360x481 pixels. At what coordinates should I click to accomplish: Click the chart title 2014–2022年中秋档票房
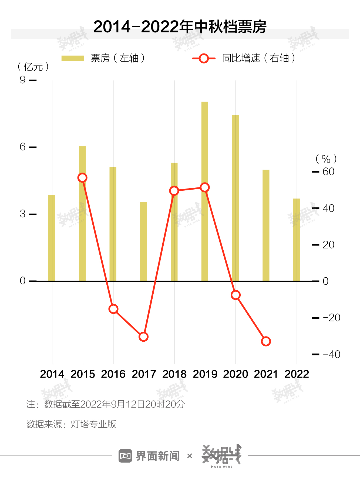click(180, 27)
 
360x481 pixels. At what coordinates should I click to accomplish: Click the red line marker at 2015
click(82, 178)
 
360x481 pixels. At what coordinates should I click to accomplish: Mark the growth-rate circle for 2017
click(143, 337)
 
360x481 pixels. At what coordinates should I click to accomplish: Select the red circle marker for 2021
click(266, 341)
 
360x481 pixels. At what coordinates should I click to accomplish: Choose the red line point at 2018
click(174, 191)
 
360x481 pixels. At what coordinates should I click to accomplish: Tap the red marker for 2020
click(235, 295)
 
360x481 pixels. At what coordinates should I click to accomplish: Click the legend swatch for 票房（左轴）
click(73, 58)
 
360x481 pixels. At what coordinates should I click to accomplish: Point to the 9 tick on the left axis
click(23, 80)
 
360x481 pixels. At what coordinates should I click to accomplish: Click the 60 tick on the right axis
click(328, 172)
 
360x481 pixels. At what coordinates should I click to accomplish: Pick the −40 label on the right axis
click(331, 354)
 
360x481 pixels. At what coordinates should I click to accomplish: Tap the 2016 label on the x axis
click(113, 374)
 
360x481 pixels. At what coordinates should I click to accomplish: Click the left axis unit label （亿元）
click(33, 67)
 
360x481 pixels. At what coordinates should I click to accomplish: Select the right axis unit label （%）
click(326, 159)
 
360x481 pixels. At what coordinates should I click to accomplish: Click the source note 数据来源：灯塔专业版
click(71, 424)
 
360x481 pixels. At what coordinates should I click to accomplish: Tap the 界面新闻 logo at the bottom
click(149, 456)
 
